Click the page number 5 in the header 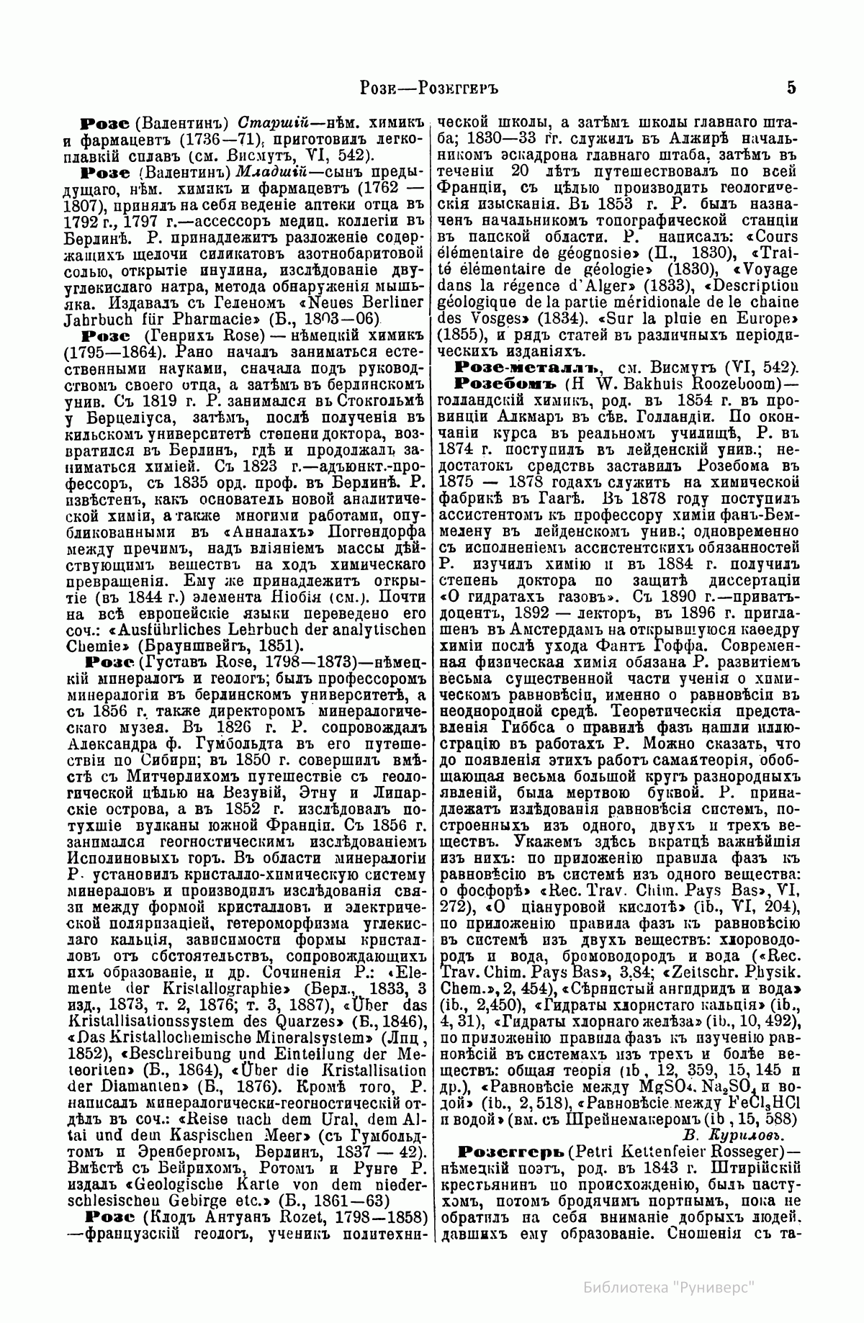791,89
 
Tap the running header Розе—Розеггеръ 429,89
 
